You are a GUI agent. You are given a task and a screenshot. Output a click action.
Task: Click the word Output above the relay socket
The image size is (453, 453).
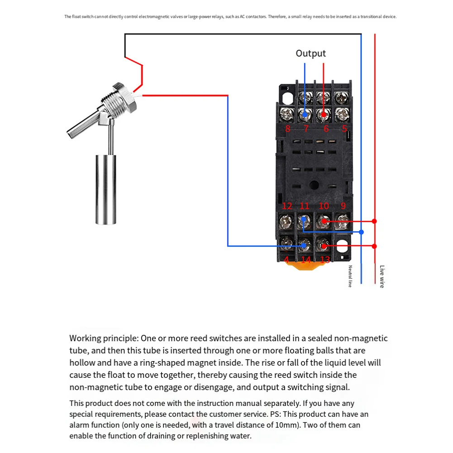(310, 53)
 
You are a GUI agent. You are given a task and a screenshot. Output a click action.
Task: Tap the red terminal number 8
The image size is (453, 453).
(288, 129)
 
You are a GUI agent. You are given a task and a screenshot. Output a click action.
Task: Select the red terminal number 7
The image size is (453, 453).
(306, 129)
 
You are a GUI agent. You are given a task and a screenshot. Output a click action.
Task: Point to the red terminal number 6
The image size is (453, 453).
(326, 129)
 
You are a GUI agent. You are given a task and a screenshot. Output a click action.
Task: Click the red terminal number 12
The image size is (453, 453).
(287, 206)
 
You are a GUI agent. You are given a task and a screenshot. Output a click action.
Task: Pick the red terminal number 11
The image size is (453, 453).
(305, 206)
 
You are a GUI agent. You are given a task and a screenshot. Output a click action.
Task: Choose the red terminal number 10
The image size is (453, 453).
(324, 206)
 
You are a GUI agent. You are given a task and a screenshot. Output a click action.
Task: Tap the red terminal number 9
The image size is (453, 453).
(343, 206)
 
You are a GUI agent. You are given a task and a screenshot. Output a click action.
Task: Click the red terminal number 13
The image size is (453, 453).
(325, 260)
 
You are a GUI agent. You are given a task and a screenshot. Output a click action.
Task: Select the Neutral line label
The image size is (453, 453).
(350, 276)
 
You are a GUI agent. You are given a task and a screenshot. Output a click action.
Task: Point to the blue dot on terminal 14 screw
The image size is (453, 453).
(304, 246)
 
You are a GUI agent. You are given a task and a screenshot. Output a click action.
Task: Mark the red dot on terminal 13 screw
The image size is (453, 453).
(324, 246)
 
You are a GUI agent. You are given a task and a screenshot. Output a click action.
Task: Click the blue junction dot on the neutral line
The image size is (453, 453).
(361, 232)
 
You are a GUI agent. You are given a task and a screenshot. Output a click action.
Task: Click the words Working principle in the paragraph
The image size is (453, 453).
(104, 339)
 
